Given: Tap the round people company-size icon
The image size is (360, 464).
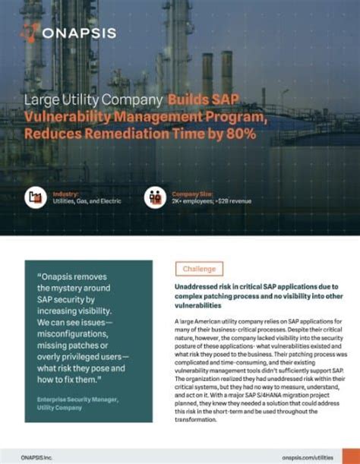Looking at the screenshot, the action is [155, 198].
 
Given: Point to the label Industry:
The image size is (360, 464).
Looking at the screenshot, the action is [65, 194].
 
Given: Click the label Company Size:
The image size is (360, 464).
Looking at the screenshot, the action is [193, 194].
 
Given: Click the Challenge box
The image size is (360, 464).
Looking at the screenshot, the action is [200, 269].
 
